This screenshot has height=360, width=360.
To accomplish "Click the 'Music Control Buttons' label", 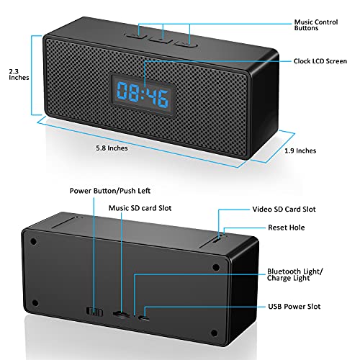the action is [x=316, y=25].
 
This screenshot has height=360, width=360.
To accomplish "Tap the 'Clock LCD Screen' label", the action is [x=320, y=61].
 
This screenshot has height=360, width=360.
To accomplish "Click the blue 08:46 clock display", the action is [x=143, y=94].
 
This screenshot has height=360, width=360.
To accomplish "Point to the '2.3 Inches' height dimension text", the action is [x=19, y=74].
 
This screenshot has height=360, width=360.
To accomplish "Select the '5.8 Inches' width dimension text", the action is [x=112, y=148].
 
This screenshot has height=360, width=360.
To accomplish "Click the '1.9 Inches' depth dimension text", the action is [x=300, y=150].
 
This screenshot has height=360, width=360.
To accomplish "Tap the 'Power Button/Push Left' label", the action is [x=110, y=191].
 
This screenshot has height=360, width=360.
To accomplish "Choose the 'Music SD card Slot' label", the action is [x=140, y=208].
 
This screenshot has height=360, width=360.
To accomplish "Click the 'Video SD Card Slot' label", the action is [x=284, y=210].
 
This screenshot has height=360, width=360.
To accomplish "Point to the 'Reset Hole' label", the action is [x=287, y=228].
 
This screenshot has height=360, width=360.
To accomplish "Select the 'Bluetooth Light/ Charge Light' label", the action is [x=295, y=274].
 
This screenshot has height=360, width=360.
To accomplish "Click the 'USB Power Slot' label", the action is [x=294, y=307].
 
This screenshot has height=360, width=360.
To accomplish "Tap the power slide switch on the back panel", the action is [x=95, y=312].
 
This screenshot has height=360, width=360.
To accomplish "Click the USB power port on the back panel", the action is [x=144, y=318].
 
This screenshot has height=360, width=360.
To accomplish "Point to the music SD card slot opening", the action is [x=120, y=314].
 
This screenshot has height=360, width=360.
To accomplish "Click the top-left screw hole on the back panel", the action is [x=34, y=241].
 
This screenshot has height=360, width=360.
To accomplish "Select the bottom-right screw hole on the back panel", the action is [x=214, y=333].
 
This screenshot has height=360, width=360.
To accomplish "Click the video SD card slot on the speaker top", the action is [x=217, y=240].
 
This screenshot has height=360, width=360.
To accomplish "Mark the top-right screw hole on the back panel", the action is [x=216, y=267].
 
